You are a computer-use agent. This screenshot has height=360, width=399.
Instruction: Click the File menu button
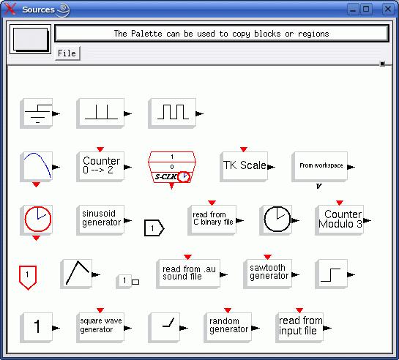[x=67, y=53]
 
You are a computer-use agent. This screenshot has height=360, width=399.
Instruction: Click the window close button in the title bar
[x=388, y=10]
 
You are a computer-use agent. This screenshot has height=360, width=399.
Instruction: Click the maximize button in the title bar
[x=366, y=10]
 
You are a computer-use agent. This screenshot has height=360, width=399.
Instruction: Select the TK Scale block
[x=244, y=167]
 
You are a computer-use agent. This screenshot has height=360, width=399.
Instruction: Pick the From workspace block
[x=320, y=167]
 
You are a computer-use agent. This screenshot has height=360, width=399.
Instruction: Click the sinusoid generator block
[x=100, y=220]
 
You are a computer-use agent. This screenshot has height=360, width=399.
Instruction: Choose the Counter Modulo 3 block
[x=340, y=220]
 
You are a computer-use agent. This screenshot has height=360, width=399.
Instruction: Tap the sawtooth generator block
[x=268, y=274]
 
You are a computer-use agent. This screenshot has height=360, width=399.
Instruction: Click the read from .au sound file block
[x=188, y=274]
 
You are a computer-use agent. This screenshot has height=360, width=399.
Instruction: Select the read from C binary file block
[x=212, y=220]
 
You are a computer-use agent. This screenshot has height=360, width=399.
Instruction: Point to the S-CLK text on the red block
[x=166, y=176]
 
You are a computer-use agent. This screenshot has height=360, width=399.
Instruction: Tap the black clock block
[x=275, y=220]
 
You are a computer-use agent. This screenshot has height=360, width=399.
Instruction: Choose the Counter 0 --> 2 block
[x=100, y=167]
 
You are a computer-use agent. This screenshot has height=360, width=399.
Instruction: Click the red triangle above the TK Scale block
[x=244, y=149]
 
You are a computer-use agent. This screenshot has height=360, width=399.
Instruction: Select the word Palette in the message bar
[x=146, y=34]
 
